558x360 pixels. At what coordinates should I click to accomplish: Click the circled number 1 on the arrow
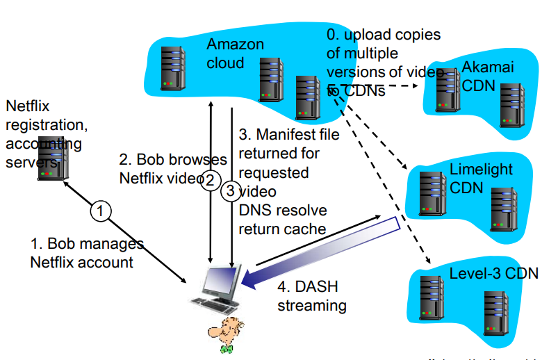click(101, 210)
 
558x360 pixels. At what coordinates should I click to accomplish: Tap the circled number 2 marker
click(210, 181)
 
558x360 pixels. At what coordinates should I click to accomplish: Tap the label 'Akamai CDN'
click(486, 76)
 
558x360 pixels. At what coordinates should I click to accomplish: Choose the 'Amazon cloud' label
click(235, 54)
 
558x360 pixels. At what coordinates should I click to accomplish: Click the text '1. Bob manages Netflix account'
click(86, 253)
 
